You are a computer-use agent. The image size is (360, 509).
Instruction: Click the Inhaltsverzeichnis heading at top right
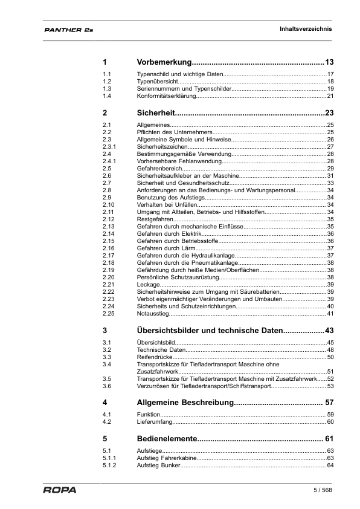[306, 29]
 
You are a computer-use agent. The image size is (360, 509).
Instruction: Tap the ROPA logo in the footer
[59, 490]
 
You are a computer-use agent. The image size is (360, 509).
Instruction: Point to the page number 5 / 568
[323, 490]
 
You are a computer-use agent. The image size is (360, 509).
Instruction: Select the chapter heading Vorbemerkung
[164, 62]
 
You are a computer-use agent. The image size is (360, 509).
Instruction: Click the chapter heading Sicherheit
[156, 112]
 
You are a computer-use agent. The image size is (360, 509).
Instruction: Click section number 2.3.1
[109, 146]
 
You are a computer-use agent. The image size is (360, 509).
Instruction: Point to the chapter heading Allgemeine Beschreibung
[185, 402]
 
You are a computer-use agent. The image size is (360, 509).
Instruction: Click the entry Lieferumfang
[153, 421]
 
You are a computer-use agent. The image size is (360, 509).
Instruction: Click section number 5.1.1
[109, 458]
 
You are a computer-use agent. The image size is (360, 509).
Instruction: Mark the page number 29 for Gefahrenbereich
[330, 168]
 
